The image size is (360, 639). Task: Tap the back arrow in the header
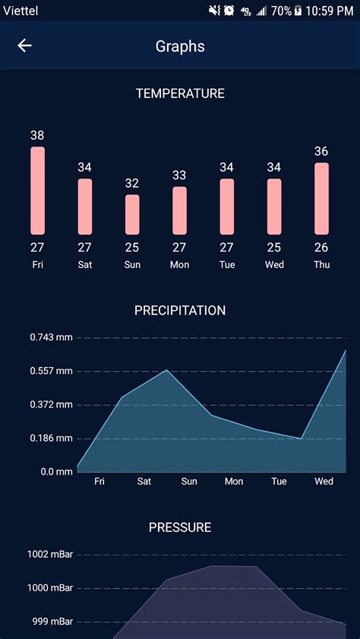[25, 46]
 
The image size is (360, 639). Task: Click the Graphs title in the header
[180, 46]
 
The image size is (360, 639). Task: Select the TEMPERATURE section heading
[180, 93]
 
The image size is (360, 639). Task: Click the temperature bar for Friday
[37, 190]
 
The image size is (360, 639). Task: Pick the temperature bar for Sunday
[132, 214]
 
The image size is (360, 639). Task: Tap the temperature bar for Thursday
[321, 198]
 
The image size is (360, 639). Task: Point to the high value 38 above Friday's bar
[37, 135]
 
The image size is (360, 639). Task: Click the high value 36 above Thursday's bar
[321, 151]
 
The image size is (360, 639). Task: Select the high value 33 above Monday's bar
[179, 175]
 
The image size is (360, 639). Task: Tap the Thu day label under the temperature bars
[321, 264]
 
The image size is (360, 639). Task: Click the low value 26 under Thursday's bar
[321, 247]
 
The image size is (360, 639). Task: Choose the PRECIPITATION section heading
[180, 310]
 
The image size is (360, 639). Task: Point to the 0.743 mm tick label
[52, 337]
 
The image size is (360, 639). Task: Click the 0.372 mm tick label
[52, 404]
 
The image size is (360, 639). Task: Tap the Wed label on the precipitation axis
[324, 481]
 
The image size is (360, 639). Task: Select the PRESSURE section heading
[180, 527]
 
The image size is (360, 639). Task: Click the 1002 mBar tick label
[49, 554]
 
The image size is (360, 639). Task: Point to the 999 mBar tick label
[52, 622]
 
